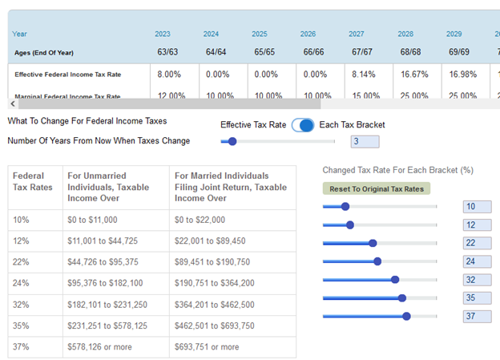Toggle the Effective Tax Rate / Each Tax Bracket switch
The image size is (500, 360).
(x=303, y=125)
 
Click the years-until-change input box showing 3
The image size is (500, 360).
(x=365, y=142)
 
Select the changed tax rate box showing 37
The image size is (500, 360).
(x=476, y=316)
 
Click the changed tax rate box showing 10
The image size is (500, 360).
(x=476, y=206)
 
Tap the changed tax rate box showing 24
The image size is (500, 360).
(x=476, y=261)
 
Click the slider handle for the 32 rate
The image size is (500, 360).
(x=395, y=279)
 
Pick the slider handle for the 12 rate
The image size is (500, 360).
(x=350, y=224)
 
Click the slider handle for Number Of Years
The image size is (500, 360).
(x=232, y=142)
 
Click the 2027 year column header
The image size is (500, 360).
(x=357, y=34)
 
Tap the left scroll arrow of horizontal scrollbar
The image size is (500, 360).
(x=12, y=103)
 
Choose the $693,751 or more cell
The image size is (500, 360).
(x=207, y=347)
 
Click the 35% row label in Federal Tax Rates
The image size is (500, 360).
(x=22, y=326)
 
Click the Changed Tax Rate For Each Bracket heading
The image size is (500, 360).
(x=397, y=170)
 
